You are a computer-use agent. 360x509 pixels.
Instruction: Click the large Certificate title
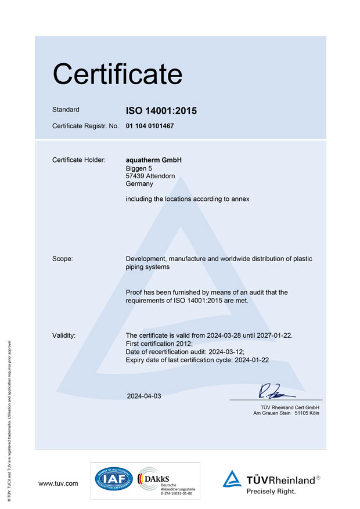pos(117,74)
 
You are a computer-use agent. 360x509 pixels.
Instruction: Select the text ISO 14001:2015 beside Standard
pos(161,110)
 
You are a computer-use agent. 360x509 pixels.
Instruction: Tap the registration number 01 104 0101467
pos(150,125)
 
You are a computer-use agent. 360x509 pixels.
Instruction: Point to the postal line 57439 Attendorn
pos(150,176)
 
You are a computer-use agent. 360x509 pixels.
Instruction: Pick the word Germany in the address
pos(139,184)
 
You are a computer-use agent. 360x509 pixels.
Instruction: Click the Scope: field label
pos(63,259)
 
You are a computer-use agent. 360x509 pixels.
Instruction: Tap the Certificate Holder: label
pos(79,160)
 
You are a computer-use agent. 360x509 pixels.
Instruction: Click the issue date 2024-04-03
pos(144,396)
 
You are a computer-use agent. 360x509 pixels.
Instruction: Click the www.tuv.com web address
pos(58,483)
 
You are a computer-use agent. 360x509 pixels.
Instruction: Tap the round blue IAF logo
pos(114,479)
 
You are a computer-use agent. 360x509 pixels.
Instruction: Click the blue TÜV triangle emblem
pos(232,479)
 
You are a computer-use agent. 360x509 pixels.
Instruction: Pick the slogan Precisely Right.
pos(271,492)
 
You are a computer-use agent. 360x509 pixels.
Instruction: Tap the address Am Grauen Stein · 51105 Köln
pos(286,413)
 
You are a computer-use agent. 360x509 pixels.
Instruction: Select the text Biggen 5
pos(139,168)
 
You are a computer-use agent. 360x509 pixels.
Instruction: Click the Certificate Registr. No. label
pos(85,125)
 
